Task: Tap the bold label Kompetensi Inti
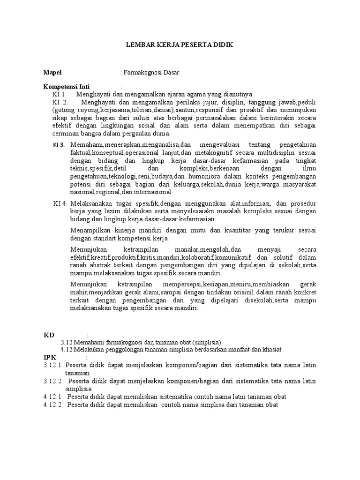66,87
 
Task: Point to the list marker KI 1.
60,94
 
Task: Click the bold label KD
49,335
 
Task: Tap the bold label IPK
50,357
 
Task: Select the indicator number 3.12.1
52,365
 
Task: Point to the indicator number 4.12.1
52,397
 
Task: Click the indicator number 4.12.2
52,405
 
